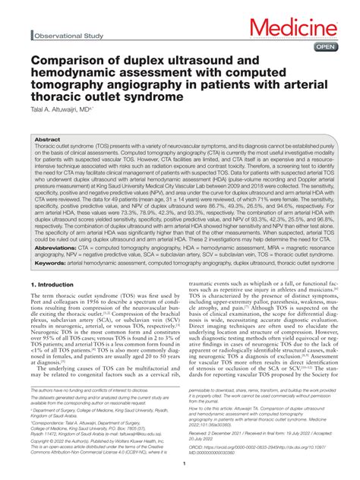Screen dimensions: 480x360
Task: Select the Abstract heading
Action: point(48,141)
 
